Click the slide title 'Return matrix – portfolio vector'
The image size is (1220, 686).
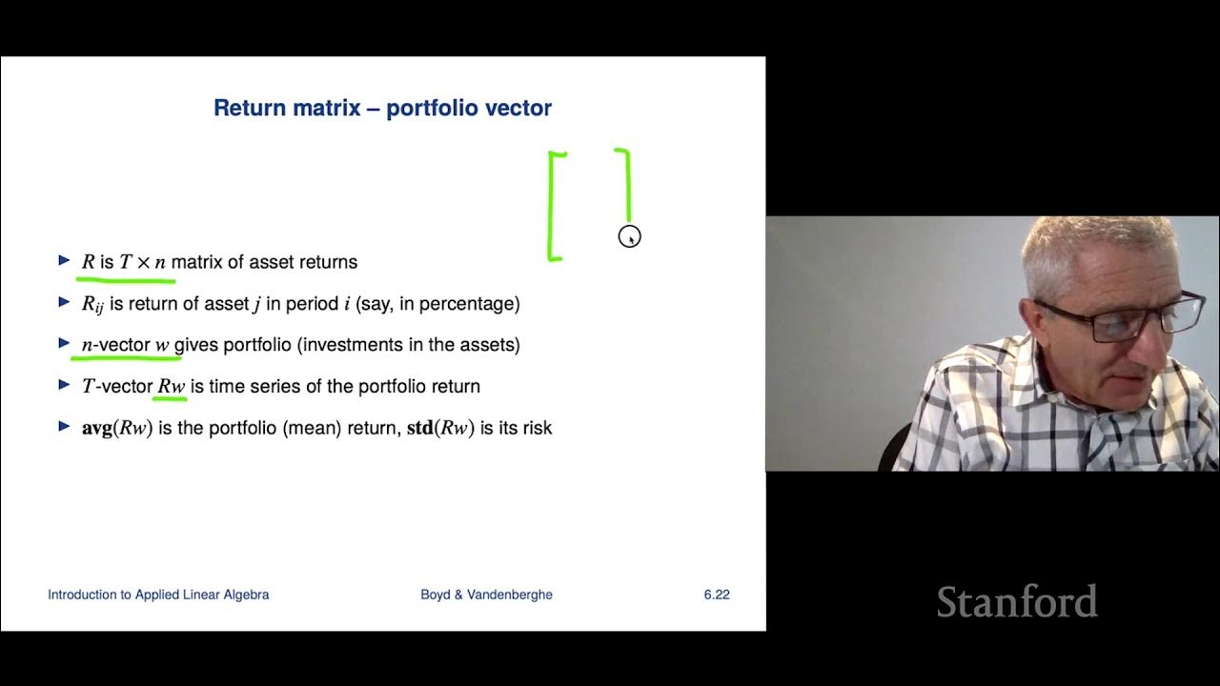[382, 108]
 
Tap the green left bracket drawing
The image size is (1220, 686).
[552, 205]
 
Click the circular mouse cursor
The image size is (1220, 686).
[629, 236]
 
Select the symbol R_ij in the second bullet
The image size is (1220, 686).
[92, 304]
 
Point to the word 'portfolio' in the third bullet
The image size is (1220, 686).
[257, 345]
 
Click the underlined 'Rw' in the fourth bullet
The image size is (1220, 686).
[172, 386]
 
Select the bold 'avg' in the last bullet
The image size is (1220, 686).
[97, 428]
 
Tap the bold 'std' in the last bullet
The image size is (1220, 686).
[420, 428]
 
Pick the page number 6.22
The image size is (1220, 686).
[717, 595]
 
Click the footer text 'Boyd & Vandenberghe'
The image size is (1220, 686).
[486, 595]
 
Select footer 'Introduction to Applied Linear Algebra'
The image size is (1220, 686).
[158, 595]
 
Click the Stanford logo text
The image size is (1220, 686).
[1016, 602]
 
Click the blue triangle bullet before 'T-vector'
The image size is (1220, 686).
[64, 385]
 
